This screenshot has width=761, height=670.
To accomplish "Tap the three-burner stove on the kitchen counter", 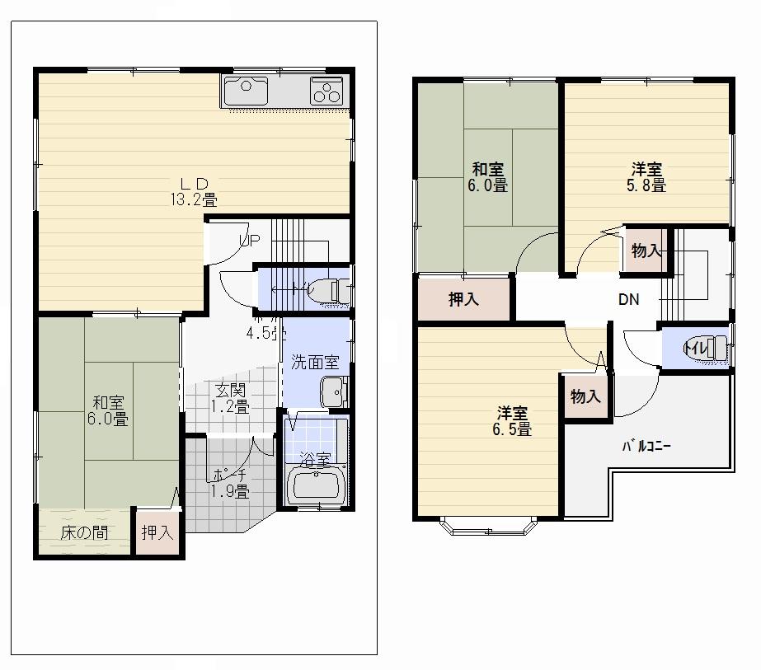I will point(326,91).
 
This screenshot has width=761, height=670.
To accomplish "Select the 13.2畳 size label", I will point(194,199).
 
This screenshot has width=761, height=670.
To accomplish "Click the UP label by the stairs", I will point(250,241).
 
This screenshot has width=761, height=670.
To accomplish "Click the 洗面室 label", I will point(314,362).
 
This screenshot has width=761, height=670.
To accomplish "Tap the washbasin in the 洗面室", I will point(335,391).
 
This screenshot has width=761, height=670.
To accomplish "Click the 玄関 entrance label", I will point(229,391).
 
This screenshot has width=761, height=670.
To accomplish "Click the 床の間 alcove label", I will point(84,533).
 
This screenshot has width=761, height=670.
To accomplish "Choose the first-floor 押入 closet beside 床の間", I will point(157,533).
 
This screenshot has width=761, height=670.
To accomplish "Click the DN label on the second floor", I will point(629,300).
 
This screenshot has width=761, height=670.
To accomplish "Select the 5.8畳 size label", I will point(647,186).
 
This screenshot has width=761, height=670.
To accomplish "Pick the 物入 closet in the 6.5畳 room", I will point(585,397).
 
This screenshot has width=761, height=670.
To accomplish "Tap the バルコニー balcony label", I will point(646,447).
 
